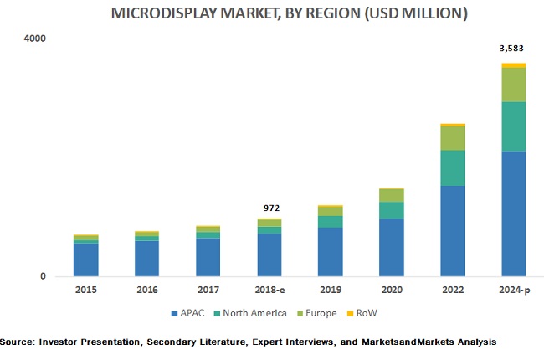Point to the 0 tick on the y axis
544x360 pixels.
click(x=44, y=277)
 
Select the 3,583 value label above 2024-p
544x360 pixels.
click(x=512, y=49)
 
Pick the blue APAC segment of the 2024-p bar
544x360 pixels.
click(x=513, y=213)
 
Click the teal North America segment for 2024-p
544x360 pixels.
click(x=513, y=126)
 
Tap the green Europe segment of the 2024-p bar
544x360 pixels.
click(x=513, y=85)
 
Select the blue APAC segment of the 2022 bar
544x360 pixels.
click(x=452, y=230)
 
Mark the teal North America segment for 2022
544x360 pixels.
click(x=452, y=167)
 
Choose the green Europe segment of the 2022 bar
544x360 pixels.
click(x=452, y=138)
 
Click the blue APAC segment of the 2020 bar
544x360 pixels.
click(x=391, y=247)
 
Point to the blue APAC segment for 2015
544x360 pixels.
click(x=85, y=260)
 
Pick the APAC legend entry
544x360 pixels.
click(x=186, y=313)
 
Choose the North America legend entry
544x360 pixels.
click(x=249, y=313)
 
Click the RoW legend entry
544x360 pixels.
click(x=364, y=313)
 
